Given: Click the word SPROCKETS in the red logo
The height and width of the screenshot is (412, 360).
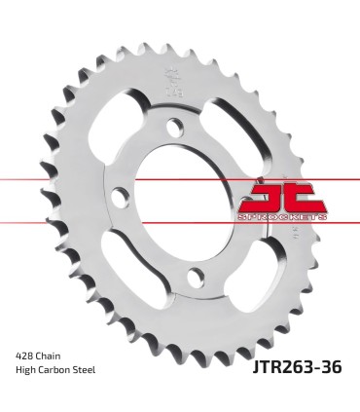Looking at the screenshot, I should point(282,218).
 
